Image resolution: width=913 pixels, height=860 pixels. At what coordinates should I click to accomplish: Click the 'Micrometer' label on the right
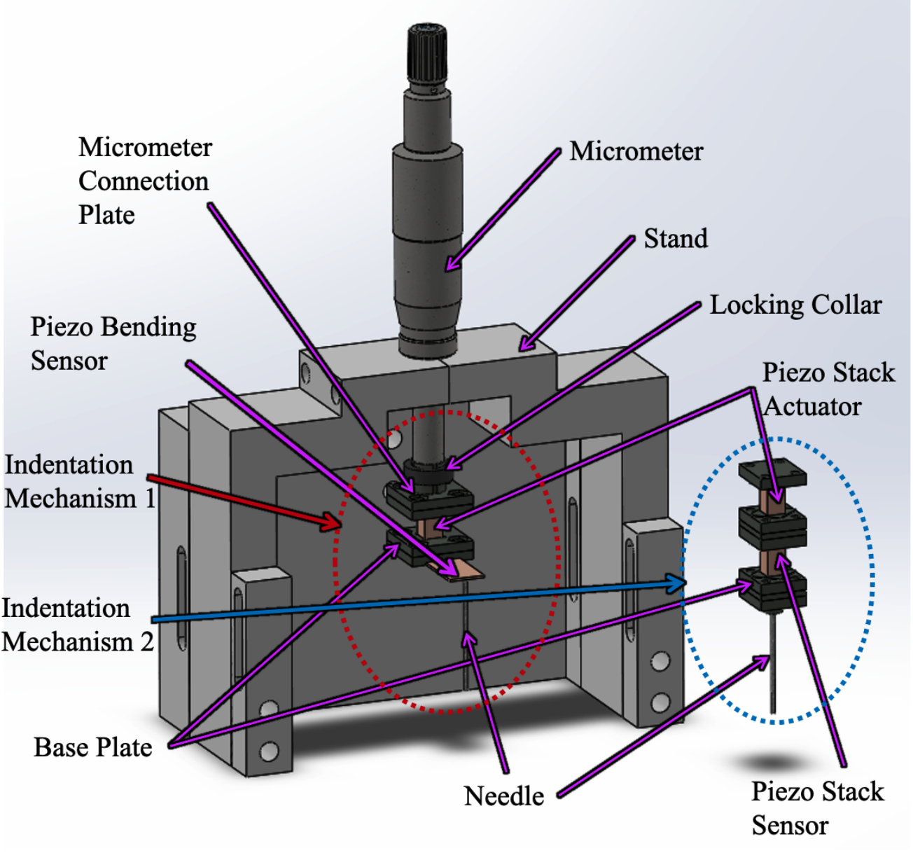tap(636, 151)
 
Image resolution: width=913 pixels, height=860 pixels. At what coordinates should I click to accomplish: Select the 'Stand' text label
tap(676, 239)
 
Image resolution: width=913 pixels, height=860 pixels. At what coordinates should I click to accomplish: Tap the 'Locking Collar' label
tap(795, 305)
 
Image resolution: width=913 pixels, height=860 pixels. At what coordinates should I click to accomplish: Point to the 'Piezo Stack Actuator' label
tap(828, 389)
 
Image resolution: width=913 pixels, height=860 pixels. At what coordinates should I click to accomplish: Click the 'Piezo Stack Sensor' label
tap(817, 808)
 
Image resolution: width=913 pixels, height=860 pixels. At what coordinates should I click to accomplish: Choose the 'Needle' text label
tap(504, 796)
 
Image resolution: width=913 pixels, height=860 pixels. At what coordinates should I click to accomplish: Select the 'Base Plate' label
tap(93, 748)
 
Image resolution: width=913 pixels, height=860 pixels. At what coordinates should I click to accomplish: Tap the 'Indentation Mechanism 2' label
tap(77, 625)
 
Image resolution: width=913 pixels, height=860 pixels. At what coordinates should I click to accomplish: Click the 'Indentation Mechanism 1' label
tap(79, 482)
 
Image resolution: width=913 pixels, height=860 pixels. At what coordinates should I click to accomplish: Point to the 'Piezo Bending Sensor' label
tap(113, 343)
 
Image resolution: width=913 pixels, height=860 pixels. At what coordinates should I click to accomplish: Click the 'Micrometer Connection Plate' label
tap(144, 181)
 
